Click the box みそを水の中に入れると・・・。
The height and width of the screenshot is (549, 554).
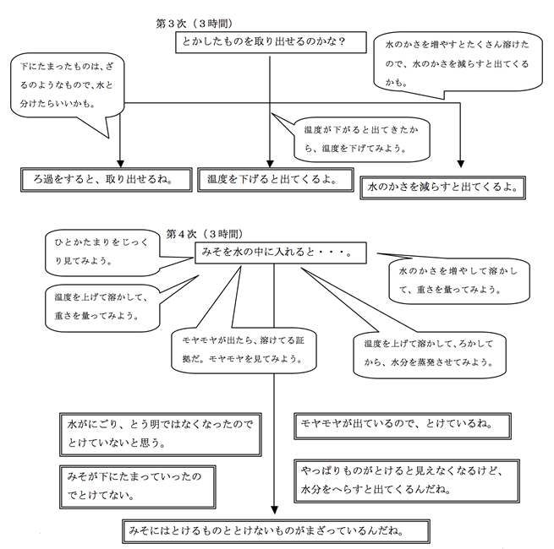pos(278,252)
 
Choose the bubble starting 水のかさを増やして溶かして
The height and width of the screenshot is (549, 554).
pos(457,280)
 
